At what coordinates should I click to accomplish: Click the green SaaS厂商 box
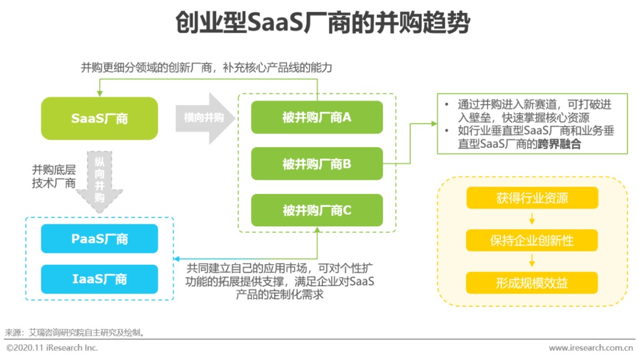(99, 118)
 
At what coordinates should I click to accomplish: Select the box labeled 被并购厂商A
(317, 117)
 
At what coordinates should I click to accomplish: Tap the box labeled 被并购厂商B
(317, 164)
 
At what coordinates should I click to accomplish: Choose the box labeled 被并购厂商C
(317, 210)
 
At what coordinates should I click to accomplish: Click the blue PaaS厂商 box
(99, 239)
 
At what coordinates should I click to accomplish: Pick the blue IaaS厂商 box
(99, 279)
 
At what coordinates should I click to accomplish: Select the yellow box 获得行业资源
(532, 198)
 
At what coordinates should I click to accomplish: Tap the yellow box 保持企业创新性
(532, 241)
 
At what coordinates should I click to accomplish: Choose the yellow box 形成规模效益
(532, 283)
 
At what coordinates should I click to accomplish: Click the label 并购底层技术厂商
(54, 176)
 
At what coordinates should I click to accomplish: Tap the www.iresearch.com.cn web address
(591, 348)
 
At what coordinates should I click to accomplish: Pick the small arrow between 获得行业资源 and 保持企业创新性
(532, 219)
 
